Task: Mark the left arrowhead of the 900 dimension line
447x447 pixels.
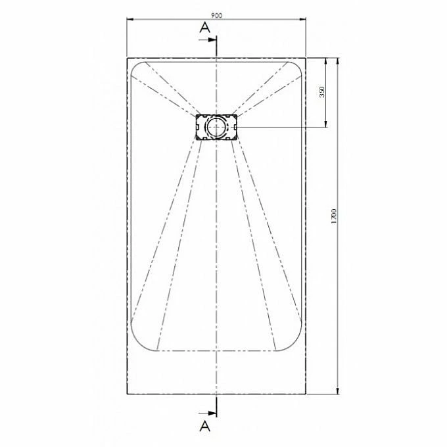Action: tap(128, 19)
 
